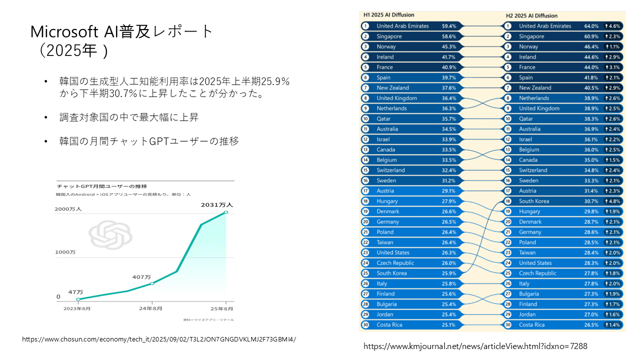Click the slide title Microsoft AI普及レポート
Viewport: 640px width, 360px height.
(122, 32)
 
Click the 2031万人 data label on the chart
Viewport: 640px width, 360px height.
(217, 205)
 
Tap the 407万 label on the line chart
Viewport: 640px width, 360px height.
(142, 277)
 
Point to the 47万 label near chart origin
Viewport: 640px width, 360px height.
(76, 291)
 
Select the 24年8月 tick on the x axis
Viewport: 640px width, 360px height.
(150, 308)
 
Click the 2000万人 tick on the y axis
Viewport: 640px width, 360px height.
(68, 209)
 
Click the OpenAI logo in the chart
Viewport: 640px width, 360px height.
(110, 235)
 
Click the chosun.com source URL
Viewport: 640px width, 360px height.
(159, 339)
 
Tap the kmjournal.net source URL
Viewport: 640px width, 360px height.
(475, 346)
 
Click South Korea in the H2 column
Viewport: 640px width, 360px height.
(534, 201)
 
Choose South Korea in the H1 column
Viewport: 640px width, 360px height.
(391, 273)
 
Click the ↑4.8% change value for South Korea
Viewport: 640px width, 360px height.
(612, 201)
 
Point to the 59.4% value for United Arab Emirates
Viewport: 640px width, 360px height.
(449, 26)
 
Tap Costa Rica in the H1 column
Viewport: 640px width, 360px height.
(390, 325)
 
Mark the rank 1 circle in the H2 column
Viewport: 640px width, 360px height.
(508, 26)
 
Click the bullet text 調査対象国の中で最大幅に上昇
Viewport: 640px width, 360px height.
(128, 117)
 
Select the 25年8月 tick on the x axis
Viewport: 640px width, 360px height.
(225, 308)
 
